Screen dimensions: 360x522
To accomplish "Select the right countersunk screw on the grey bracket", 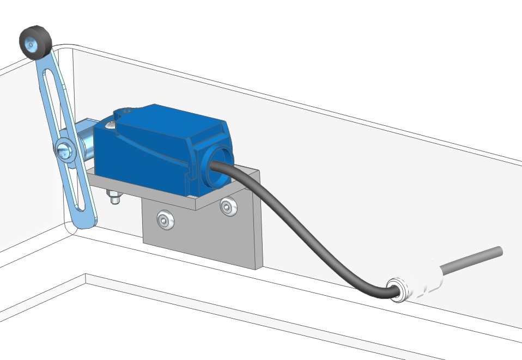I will click(227, 206).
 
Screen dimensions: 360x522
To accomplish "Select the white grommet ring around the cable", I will click(396, 290).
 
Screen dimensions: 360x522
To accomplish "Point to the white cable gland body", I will click(425, 281).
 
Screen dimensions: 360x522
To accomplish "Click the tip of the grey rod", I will click(498, 251).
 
